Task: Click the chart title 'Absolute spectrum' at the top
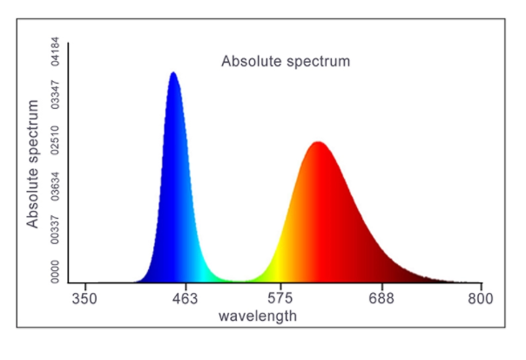[x=286, y=62]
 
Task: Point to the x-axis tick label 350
[x=85, y=298]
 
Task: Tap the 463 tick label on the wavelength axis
[x=184, y=298]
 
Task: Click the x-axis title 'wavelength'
[x=257, y=315]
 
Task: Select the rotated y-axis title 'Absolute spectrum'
[x=33, y=164]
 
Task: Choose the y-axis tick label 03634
[x=55, y=187]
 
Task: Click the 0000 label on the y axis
[x=55, y=272]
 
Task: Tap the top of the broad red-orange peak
[x=318, y=143]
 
